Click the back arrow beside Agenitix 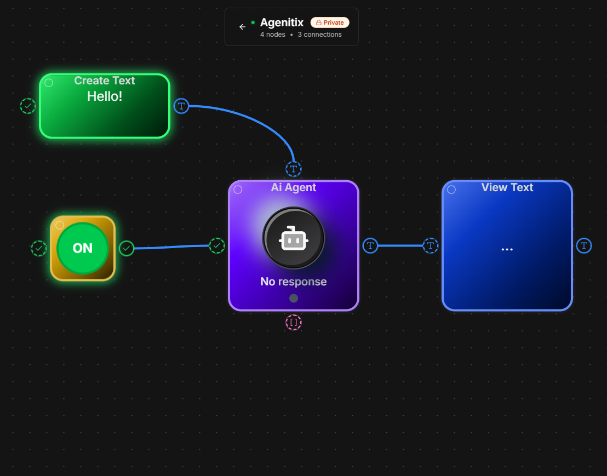click(x=242, y=27)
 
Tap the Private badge click(x=330, y=22)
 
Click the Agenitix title click(x=282, y=22)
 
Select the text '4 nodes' click(x=272, y=35)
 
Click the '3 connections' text click(x=320, y=35)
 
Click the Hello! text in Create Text click(x=105, y=96)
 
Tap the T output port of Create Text click(x=181, y=106)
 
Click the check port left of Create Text click(x=28, y=106)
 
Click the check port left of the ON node click(x=39, y=249)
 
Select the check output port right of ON click(x=126, y=249)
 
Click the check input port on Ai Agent click(x=217, y=246)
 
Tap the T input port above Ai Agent click(x=294, y=169)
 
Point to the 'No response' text click(x=294, y=282)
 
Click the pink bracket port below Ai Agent click(x=294, y=323)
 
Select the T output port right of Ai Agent click(x=370, y=246)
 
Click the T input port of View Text click(x=431, y=246)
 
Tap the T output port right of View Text click(x=584, y=246)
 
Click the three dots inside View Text click(x=507, y=250)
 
